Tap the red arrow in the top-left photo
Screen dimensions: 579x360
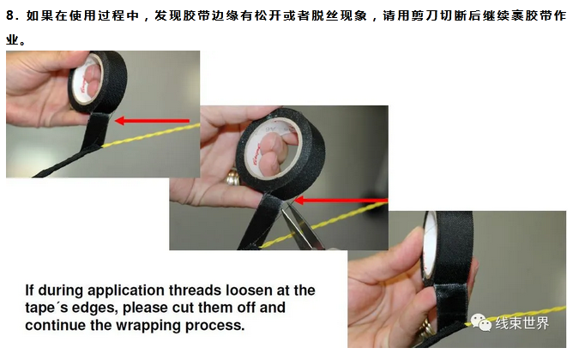click(x=152, y=121)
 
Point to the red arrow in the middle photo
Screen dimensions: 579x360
click(x=341, y=201)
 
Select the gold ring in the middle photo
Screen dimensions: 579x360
click(x=232, y=177)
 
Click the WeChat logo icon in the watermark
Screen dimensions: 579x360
click(x=480, y=322)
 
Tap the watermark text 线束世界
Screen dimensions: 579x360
click(x=522, y=323)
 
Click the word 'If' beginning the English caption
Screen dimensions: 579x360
click(x=29, y=290)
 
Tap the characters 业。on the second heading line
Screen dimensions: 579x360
click(x=16, y=39)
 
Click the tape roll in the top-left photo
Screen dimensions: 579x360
click(x=98, y=82)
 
